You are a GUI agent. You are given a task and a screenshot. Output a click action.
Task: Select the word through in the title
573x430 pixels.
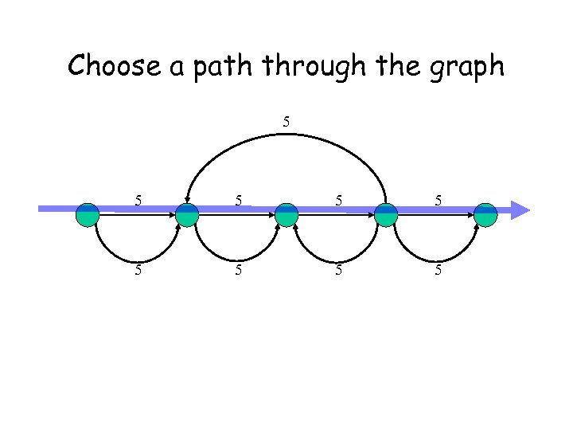click(310, 65)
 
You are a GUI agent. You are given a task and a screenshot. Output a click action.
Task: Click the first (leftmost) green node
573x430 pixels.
click(88, 215)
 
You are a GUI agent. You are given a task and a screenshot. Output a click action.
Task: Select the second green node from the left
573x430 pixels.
click(186, 215)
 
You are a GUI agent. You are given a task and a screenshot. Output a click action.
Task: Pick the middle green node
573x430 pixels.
click(286, 215)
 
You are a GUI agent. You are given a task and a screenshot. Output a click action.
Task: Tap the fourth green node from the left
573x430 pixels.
click(385, 215)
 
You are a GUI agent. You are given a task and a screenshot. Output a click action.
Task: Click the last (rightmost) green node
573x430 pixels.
click(485, 215)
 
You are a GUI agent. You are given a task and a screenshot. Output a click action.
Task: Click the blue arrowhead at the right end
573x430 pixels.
click(519, 210)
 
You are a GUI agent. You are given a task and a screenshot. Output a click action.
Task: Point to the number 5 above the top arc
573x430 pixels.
click(286, 123)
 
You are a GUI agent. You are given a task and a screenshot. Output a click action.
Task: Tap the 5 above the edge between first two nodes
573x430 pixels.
click(138, 201)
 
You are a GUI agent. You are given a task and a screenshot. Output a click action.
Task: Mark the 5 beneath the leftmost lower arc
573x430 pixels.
click(138, 270)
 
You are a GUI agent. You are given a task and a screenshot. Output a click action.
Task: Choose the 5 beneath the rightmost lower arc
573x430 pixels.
click(438, 270)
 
